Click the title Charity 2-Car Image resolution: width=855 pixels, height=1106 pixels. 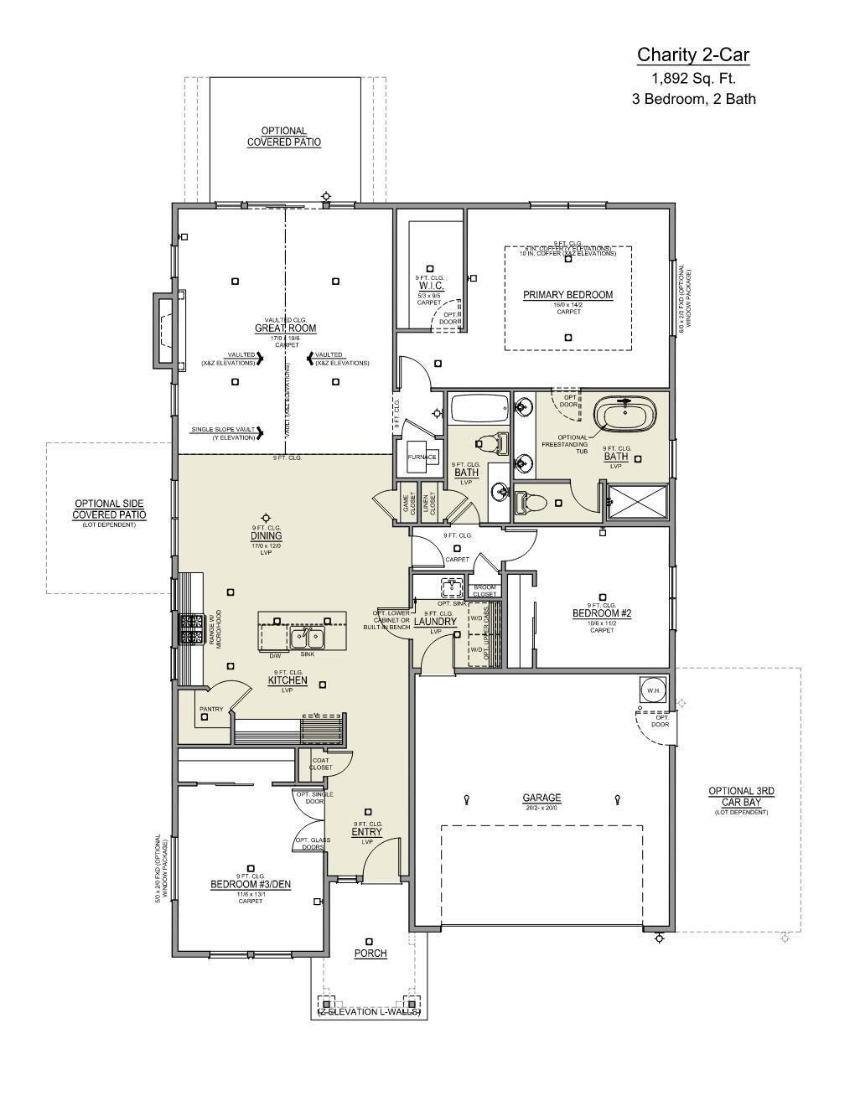[x=693, y=55]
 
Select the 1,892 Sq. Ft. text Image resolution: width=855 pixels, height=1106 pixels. [x=693, y=79]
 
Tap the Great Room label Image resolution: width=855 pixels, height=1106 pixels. [x=286, y=328]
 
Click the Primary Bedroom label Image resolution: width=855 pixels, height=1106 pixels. [x=567, y=295]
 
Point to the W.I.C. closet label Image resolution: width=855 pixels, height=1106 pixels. [x=431, y=286]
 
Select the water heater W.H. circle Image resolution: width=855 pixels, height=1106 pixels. [x=653, y=690]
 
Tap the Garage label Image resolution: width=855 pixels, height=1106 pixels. [x=541, y=798]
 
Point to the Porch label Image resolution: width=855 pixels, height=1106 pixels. [x=370, y=954]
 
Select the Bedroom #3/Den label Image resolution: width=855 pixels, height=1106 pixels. [x=251, y=884]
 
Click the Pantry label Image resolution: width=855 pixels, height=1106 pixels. [x=211, y=710]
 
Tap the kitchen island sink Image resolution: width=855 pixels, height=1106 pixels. [x=308, y=638]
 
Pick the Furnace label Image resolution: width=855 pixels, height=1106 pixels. [x=422, y=457]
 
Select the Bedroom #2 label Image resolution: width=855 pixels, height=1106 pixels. [x=601, y=613]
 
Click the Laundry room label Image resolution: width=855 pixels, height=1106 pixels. [x=435, y=622]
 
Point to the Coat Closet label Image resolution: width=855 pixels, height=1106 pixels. [x=320, y=763]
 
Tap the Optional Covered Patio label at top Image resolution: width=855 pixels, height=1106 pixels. [x=283, y=137]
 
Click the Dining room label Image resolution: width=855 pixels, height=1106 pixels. [x=266, y=536]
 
